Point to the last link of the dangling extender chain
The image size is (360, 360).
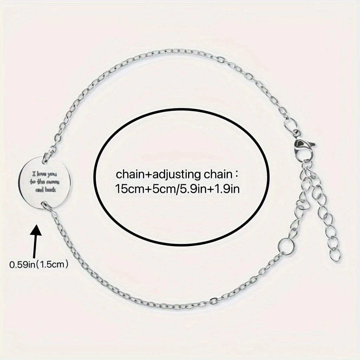point(336,256)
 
